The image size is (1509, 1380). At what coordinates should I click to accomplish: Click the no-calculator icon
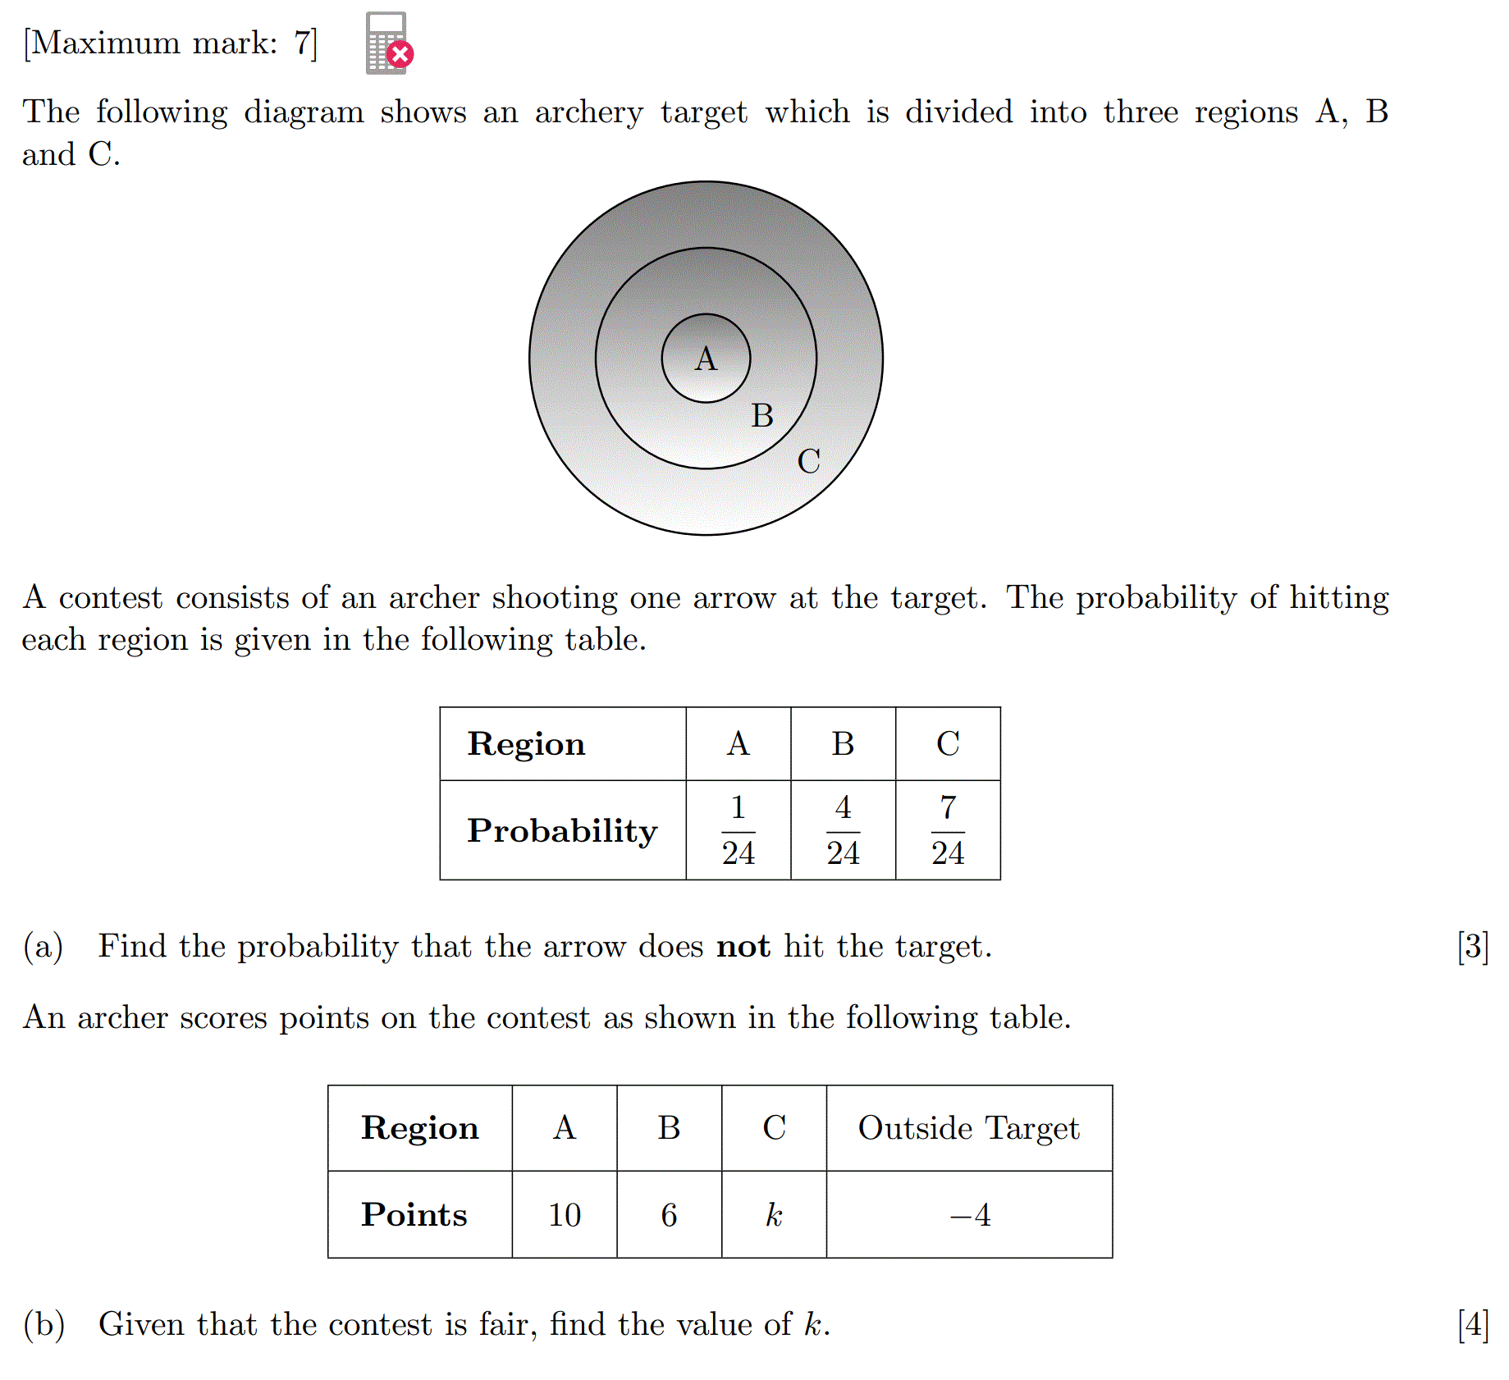(x=388, y=43)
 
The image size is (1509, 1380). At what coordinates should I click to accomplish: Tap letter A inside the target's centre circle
(x=706, y=359)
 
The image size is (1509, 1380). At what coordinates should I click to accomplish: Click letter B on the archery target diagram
(x=762, y=416)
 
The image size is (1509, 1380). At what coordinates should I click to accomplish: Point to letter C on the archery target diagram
(x=808, y=461)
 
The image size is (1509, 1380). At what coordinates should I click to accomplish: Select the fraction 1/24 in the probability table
(x=738, y=830)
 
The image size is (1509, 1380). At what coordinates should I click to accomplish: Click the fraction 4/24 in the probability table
(x=843, y=830)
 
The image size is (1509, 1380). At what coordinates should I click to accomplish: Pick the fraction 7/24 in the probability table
(x=948, y=830)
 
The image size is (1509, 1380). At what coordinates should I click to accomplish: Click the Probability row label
(x=562, y=831)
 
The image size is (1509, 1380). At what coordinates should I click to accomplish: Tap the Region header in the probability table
(x=526, y=744)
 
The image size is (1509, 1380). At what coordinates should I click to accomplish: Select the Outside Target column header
(x=968, y=1128)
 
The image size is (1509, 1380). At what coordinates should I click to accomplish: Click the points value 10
(x=565, y=1215)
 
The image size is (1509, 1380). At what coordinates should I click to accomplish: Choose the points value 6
(x=669, y=1215)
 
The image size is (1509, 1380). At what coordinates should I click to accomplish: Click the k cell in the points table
(x=774, y=1215)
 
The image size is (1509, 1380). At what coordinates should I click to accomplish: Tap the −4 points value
(x=970, y=1215)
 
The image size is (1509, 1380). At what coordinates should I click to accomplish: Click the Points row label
(x=414, y=1215)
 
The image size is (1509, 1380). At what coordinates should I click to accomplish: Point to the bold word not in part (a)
(x=743, y=947)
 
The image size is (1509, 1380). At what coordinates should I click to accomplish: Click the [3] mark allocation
(x=1473, y=947)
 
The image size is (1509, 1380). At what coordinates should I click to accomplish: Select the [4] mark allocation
(x=1473, y=1324)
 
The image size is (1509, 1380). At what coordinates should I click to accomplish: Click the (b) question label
(x=44, y=1324)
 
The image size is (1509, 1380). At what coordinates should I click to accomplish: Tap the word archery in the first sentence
(x=589, y=113)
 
